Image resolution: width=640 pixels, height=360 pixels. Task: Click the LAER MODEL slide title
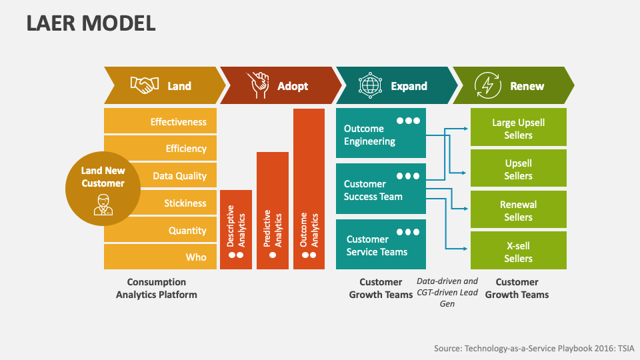pyautogui.click(x=91, y=23)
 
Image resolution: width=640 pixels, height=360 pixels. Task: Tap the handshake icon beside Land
pyautogui.click(x=144, y=85)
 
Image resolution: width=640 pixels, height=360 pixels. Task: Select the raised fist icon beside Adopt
pyautogui.click(x=257, y=85)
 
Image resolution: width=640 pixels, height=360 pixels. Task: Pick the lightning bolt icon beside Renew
pyautogui.click(x=487, y=85)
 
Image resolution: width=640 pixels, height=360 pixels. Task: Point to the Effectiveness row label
pyautogui.click(x=178, y=122)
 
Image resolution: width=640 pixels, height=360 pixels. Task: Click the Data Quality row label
pyautogui.click(x=179, y=176)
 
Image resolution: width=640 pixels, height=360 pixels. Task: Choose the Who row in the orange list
pyautogui.click(x=196, y=257)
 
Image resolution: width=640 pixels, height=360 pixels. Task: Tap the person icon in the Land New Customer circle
pyautogui.click(x=103, y=203)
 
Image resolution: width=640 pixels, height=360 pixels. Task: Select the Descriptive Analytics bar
pyautogui.click(x=236, y=229)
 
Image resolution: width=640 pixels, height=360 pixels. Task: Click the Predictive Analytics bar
pyautogui.click(x=273, y=210)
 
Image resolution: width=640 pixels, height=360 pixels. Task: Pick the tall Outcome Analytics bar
pyautogui.click(x=309, y=189)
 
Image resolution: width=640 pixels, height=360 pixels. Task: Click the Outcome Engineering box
pyautogui.click(x=381, y=135)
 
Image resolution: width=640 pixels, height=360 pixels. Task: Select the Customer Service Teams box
pyautogui.click(x=381, y=245)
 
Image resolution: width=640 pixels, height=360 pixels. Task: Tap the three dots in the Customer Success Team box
pyautogui.click(x=408, y=176)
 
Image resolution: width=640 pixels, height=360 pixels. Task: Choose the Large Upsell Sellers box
pyautogui.click(x=518, y=129)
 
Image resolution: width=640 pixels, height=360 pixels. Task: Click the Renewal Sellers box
pyautogui.click(x=518, y=211)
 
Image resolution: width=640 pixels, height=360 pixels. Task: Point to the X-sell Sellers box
pyautogui.click(x=518, y=251)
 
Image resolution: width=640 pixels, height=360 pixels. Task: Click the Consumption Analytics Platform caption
pyautogui.click(x=157, y=288)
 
